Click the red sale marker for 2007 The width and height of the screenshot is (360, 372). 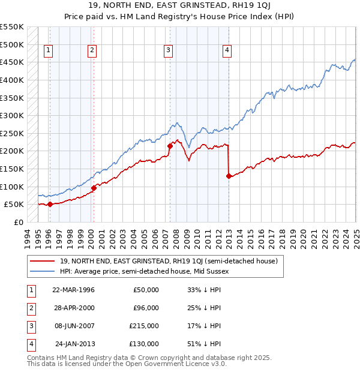170,145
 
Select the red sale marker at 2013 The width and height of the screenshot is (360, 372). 229,176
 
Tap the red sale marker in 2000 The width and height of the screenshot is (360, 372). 93,188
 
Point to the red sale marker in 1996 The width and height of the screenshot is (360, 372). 50,204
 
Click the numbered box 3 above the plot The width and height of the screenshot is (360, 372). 169,50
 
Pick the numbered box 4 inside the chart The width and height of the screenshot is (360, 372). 227,50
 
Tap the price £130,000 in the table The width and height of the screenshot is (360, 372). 144,344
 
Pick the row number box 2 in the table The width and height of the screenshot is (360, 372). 29,308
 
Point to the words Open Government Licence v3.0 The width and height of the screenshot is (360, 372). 178,364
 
